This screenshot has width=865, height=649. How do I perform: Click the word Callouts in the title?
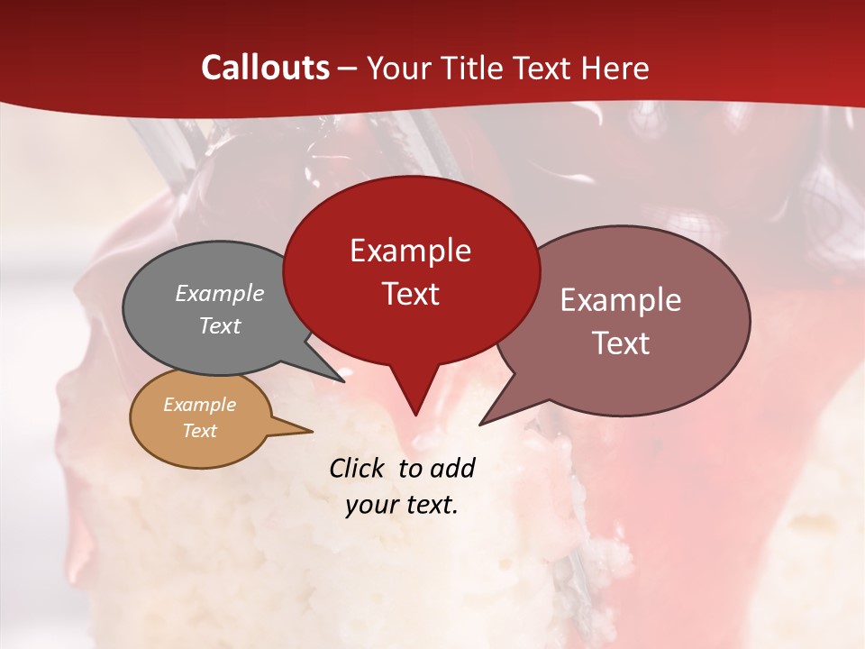click(x=265, y=68)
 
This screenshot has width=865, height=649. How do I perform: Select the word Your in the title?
click(x=393, y=69)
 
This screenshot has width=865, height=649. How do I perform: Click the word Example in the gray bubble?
click(x=220, y=293)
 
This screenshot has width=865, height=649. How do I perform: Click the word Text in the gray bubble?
click(x=220, y=325)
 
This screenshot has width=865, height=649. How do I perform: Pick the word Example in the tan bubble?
click(x=199, y=405)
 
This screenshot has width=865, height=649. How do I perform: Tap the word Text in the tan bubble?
click(x=199, y=431)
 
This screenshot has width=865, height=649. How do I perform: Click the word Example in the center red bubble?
click(x=410, y=251)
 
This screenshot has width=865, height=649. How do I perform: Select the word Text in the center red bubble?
click(x=410, y=294)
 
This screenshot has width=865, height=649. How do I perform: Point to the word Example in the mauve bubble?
click(x=621, y=300)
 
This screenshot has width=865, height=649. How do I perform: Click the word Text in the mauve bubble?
click(x=621, y=343)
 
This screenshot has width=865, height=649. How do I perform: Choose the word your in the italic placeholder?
click(x=370, y=505)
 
